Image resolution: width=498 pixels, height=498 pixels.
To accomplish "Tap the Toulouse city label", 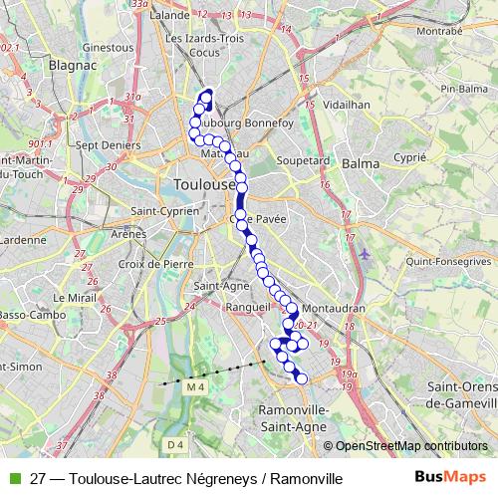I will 203,184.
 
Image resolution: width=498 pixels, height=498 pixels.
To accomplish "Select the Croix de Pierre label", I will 154,264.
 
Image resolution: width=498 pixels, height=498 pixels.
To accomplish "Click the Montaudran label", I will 331,309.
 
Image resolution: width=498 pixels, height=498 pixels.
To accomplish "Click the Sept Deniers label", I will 109,145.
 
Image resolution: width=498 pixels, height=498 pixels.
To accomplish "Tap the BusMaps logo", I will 449,478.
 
